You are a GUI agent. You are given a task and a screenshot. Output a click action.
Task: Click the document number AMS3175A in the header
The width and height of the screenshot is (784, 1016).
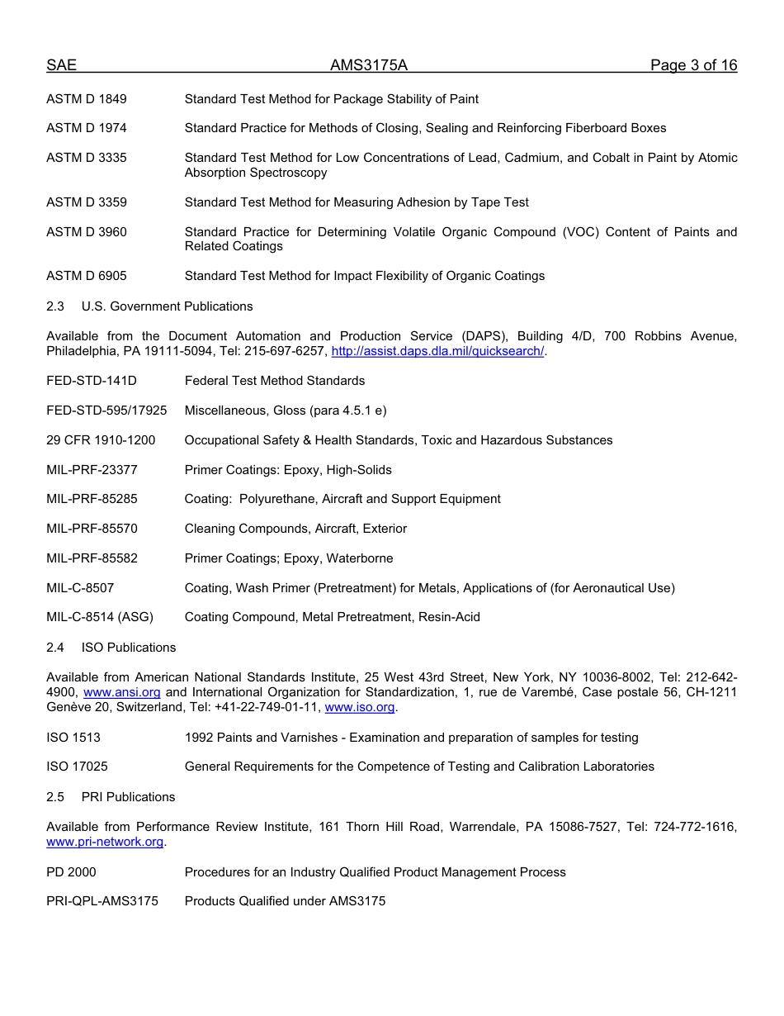pos(369,66)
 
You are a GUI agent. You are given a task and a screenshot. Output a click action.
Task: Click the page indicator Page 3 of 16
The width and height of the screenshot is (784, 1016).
pos(693,66)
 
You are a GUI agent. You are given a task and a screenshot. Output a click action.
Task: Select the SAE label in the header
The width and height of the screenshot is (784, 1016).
pos(61,66)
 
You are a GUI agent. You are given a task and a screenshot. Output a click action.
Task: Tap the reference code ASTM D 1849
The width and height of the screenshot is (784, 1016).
pos(87,99)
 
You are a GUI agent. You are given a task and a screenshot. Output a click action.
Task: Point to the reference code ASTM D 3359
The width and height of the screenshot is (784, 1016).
pos(87,202)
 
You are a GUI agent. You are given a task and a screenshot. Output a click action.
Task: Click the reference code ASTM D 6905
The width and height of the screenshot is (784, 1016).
pos(87,276)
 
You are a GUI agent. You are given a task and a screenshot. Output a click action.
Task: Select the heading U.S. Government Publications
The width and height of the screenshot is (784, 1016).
pos(167,306)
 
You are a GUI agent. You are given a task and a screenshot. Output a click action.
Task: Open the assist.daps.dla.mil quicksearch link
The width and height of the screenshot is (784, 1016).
pos(437,351)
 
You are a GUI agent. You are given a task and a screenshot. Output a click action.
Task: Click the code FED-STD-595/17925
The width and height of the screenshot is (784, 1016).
pos(106,411)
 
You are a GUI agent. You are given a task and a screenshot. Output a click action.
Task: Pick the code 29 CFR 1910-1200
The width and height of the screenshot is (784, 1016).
pos(101,440)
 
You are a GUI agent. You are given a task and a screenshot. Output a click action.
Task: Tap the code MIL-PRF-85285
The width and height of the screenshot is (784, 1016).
pos(92,499)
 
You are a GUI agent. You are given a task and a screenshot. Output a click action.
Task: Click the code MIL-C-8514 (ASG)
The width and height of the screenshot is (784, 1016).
pos(100,617)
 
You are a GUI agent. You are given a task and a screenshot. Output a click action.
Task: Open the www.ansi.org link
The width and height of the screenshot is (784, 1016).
pos(122,692)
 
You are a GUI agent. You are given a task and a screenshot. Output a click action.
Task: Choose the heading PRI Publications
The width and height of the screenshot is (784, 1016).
pos(128,797)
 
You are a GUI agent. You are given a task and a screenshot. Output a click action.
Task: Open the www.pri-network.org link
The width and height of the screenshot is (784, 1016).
pos(105,842)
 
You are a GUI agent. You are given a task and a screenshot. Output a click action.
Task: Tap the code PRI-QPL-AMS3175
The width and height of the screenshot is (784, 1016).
pos(102,901)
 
